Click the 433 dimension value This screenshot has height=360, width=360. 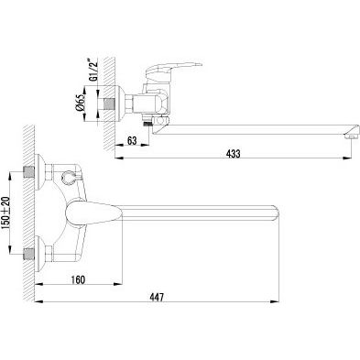click(233, 154)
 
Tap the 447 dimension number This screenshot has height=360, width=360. click(157, 297)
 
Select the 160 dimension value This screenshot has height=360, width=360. click(78, 279)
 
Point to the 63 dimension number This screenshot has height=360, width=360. click(132, 141)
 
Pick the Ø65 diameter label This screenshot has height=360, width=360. click(81, 103)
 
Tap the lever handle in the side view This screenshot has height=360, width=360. click(172, 69)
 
